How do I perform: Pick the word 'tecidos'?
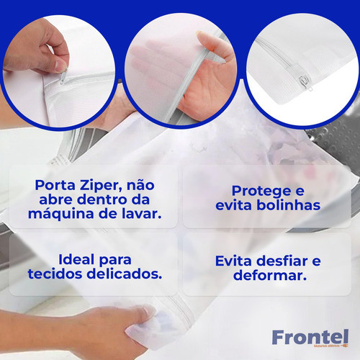59,274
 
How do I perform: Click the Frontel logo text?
310,336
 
